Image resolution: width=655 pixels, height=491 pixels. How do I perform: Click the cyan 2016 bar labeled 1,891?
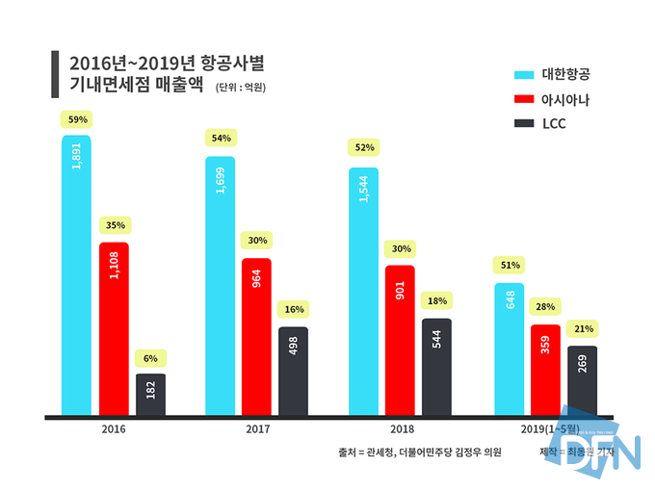[x=76, y=274]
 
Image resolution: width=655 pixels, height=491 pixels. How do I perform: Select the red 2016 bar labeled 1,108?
[x=114, y=327]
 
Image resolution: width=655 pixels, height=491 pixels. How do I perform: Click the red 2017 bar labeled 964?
[x=256, y=337]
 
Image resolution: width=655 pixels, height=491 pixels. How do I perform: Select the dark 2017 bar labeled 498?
[x=294, y=372]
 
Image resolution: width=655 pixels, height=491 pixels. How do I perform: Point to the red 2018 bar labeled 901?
[x=399, y=341]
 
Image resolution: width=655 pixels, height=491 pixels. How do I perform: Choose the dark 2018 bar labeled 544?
[x=435, y=367]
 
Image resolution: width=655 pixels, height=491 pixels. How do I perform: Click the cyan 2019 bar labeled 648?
[x=509, y=349]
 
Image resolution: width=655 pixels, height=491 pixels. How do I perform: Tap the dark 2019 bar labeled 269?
[x=581, y=380]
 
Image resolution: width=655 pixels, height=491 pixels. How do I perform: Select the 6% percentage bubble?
[x=151, y=358]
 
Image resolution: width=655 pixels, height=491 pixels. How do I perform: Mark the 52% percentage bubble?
[x=364, y=147]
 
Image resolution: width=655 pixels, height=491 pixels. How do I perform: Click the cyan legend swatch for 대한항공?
[x=524, y=74]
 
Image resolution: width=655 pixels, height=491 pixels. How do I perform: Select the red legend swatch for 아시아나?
[x=524, y=99]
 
